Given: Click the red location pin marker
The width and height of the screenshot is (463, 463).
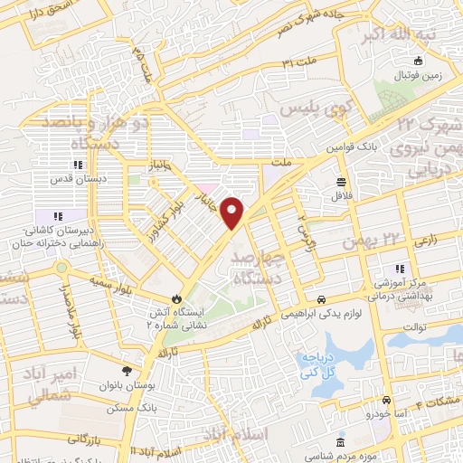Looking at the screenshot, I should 233,212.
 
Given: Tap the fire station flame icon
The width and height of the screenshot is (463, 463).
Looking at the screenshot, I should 176,298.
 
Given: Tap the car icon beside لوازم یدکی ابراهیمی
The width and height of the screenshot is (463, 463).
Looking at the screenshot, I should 321,299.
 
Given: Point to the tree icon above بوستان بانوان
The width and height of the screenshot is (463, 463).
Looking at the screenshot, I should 127,371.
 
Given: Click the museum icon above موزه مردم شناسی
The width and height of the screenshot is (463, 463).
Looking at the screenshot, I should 340,442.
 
